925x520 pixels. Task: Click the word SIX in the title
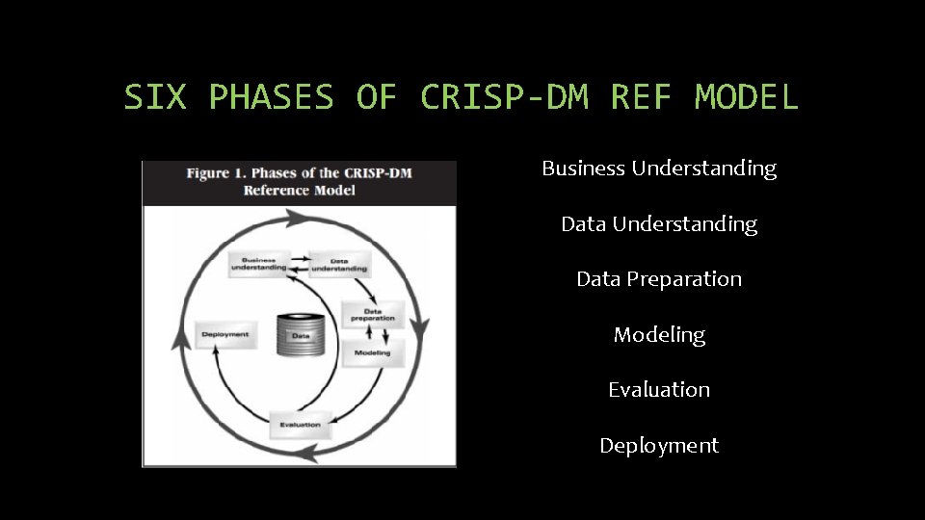coord(155,97)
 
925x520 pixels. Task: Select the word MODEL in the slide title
coord(747,97)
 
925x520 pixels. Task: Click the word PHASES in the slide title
coord(271,97)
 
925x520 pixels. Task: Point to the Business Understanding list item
coord(659,169)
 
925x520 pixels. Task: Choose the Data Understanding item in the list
coord(659,224)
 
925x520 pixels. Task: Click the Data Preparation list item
coord(659,279)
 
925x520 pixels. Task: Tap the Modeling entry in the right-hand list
coord(659,335)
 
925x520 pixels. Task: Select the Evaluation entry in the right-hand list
coord(659,390)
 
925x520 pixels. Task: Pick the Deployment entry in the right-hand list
coord(659,446)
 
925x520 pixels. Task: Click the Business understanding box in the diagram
coord(258,264)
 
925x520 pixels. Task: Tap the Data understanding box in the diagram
coord(339,264)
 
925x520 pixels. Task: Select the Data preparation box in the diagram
coord(372,314)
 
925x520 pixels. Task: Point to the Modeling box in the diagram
coord(373,352)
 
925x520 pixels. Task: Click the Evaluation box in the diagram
coord(301,424)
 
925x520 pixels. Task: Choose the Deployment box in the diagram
coord(225,334)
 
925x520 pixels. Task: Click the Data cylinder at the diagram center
coord(300,336)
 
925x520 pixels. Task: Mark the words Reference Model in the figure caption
coord(299,190)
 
